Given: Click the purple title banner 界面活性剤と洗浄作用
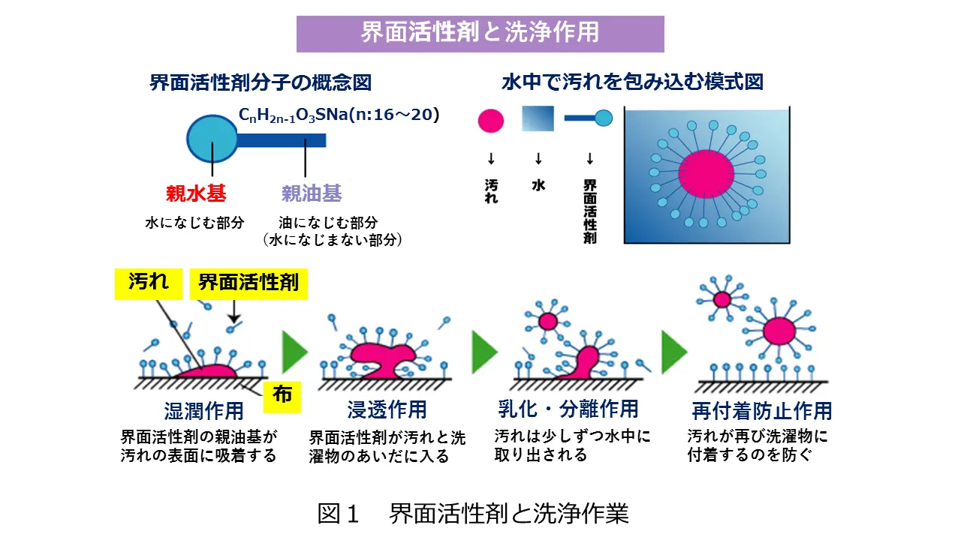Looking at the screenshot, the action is click(x=480, y=34).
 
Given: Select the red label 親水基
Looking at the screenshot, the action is click(x=196, y=193).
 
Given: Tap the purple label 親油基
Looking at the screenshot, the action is click(x=312, y=193).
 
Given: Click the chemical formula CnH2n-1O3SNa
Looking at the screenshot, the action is click(x=339, y=115).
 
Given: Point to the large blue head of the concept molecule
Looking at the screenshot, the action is click(x=212, y=139).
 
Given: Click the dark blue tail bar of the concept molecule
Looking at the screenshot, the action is click(x=282, y=140).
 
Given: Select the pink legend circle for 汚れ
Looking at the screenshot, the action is click(x=491, y=121).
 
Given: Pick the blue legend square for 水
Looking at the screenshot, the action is click(x=538, y=118).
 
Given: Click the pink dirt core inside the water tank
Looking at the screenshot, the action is click(x=706, y=173).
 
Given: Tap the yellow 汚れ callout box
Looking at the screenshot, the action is click(x=149, y=283).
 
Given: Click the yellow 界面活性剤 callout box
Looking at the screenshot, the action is click(x=249, y=283).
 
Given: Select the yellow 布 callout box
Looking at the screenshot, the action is click(x=282, y=397).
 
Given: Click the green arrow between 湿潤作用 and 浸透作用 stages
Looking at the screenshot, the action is click(x=295, y=352).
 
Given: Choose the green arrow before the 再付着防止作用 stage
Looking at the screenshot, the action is click(x=674, y=352).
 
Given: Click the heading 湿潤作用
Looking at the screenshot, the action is click(x=203, y=410).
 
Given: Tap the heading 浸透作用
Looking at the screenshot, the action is click(x=387, y=409).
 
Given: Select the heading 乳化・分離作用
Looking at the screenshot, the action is click(x=568, y=409).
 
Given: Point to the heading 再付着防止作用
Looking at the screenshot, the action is click(x=762, y=410).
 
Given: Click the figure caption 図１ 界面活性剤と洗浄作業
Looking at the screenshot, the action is click(x=473, y=514).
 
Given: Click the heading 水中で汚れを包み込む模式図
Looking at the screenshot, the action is click(x=632, y=82).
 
